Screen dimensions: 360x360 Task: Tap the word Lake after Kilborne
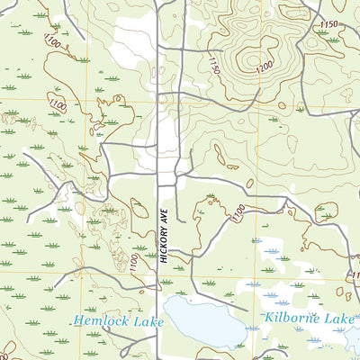pos(340,319)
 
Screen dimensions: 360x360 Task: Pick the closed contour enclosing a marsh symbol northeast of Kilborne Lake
pos(327,211)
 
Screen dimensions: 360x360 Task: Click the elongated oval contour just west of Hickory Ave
pos(139,208)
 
